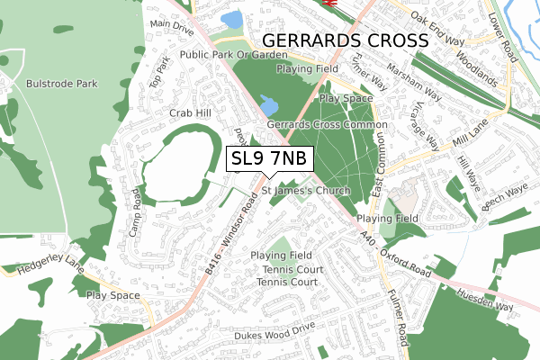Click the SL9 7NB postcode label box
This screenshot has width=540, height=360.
point(269,158)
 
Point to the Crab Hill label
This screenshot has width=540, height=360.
point(189,113)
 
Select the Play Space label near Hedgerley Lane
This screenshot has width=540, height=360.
point(112,295)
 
